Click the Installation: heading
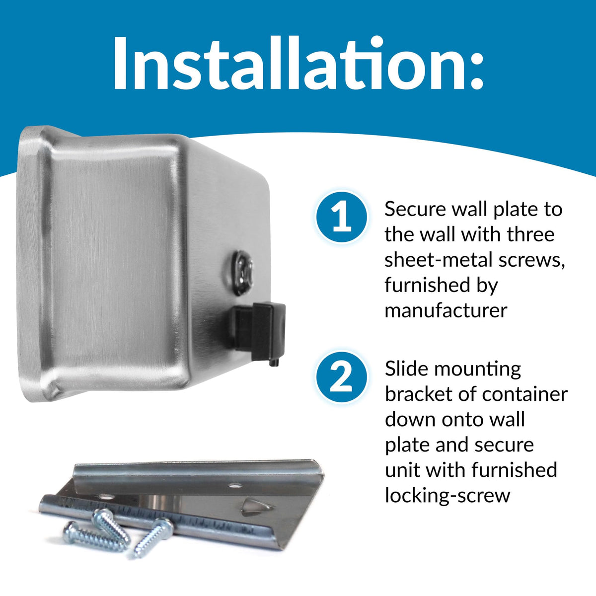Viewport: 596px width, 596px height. point(298,64)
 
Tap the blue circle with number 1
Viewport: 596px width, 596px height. point(341,217)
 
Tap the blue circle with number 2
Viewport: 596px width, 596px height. point(341,377)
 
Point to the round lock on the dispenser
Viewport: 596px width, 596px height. point(242,272)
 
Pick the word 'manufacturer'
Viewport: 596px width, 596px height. point(446,310)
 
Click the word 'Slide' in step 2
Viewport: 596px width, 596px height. point(406,369)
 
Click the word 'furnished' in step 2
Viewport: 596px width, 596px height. point(514,470)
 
